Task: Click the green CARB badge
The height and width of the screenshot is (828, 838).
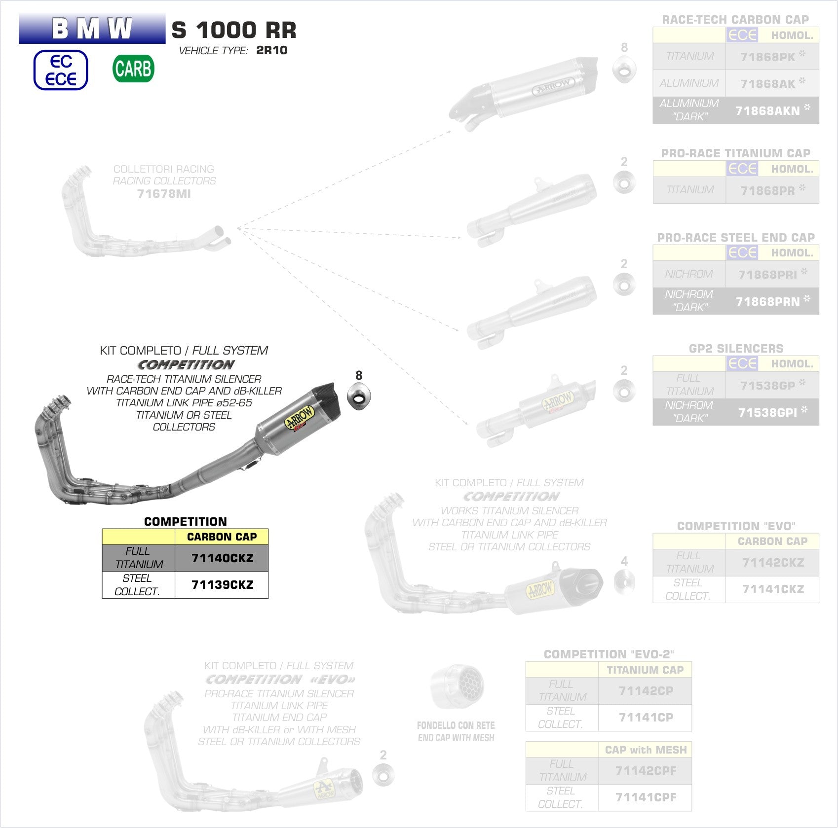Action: pos(133,69)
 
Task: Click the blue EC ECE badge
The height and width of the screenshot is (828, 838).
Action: pos(61,70)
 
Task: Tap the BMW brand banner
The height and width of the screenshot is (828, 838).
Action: pos(92,29)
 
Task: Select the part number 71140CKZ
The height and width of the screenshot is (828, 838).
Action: pos(222,558)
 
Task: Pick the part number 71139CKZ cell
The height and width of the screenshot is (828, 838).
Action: pos(222,585)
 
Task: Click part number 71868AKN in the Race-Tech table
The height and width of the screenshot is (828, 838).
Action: pos(767,110)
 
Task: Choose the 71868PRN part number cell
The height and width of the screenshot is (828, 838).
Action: pos(767,301)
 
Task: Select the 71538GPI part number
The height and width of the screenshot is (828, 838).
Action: pos(767,412)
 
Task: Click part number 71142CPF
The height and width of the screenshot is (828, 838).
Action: pos(646,770)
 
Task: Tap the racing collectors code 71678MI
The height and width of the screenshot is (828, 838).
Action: pos(164,194)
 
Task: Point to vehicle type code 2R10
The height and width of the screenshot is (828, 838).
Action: pos(271,50)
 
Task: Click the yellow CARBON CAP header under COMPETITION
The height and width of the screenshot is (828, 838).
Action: pos(222,537)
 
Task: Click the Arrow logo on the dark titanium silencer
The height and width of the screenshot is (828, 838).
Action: pos(300,418)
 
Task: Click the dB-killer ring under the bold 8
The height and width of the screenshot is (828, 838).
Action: pos(359,396)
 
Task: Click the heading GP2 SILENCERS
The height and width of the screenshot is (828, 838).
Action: pos(736,349)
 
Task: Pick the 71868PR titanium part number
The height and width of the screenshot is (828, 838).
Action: pos(767,190)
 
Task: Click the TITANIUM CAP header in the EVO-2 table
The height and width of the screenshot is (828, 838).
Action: pos(645,670)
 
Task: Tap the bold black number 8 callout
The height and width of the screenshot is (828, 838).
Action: pos(359,375)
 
